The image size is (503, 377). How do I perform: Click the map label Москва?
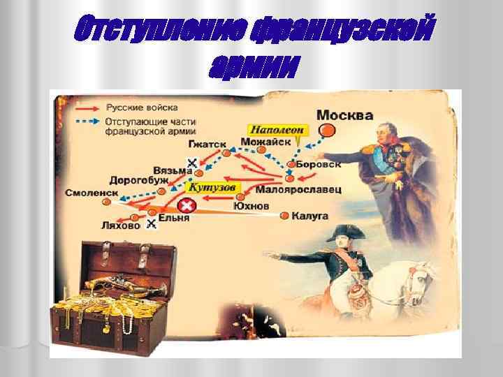[x=344, y=114]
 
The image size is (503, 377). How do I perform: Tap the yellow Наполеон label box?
[x=277, y=130]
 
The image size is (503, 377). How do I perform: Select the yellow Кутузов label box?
[x=214, y=187]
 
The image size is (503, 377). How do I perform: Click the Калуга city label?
[x=309, y=216]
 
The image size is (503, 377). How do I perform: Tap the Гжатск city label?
[x=207, y=144]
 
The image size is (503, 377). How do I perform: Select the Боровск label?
[x=319, y=165]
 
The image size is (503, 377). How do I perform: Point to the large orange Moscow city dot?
[x=326, y=131]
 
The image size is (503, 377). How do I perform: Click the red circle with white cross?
[x=187, y=206]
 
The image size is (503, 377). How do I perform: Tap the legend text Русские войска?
[x=141, y=108]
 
